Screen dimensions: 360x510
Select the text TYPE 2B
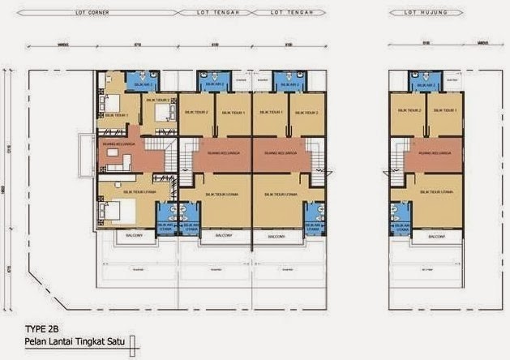[34, 328]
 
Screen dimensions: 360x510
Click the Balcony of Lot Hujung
[435, 236]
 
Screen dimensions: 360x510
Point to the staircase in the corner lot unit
[171, 154]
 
